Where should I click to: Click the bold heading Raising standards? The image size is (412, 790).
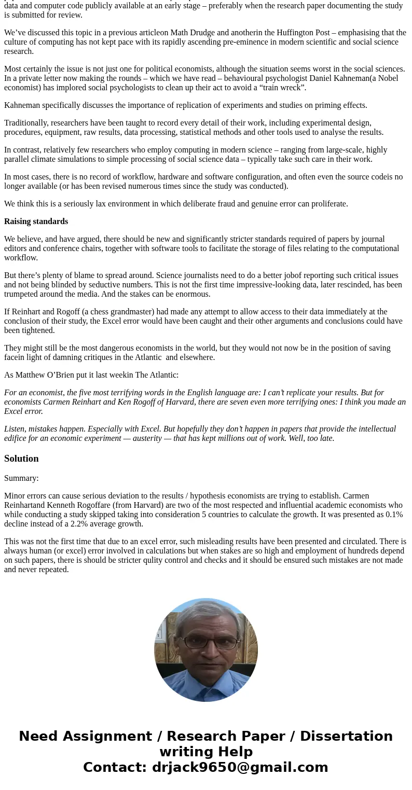pos(36,221)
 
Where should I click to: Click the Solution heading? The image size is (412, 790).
pos(21,459)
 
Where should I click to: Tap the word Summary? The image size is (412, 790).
pos(21,478)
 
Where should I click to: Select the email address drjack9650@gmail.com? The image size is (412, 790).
pos(240,768)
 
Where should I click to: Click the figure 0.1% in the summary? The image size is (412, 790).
pos(394,515)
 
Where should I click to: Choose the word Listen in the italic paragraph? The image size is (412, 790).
pos(15,429)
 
